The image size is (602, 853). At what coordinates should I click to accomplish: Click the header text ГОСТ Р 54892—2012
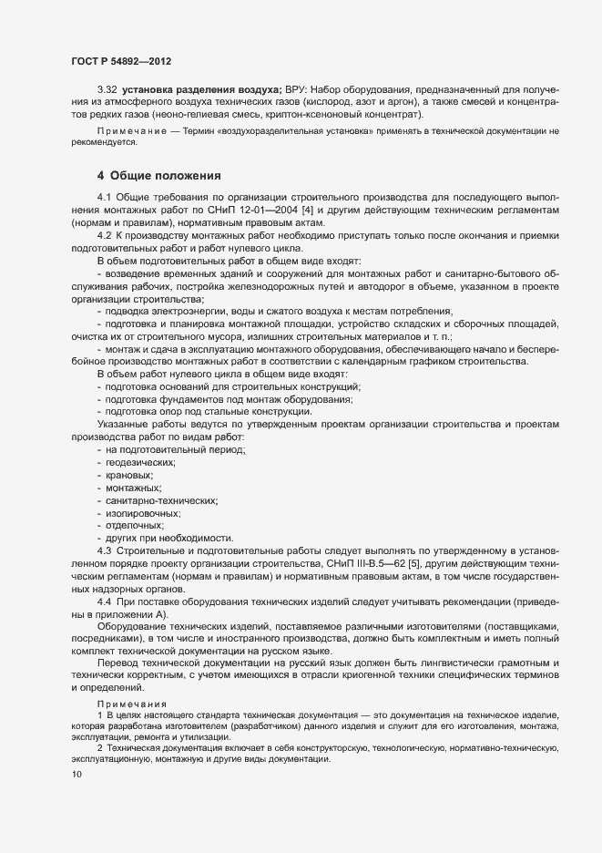coord(120,60)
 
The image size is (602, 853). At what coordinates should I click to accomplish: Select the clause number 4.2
coord(107,235)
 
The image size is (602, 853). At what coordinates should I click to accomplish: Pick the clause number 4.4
coord(107,603)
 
